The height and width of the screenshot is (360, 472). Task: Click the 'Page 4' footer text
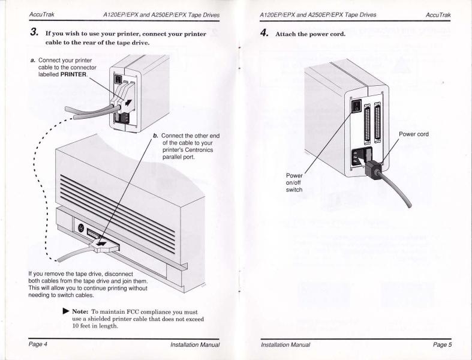[x=25, y=344]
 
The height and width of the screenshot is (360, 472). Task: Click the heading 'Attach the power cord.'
[x=309, y=34]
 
